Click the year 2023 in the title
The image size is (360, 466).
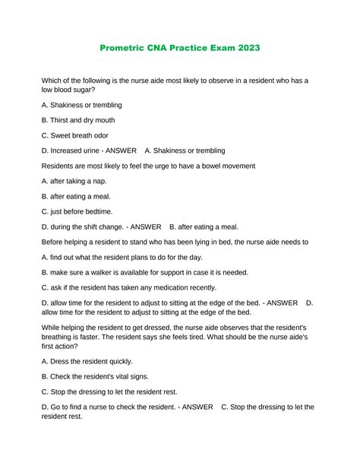pyautogui.click(x=247, y=48)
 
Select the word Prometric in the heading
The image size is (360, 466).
pyautogui.click(x=126, y=48)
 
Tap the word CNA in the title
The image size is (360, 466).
pyautogui.click(x=167, y=48)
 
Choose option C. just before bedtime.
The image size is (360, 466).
pyautogui.click(x=82, y=211)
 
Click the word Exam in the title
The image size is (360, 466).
pyautogui.click(x=217, y=48)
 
